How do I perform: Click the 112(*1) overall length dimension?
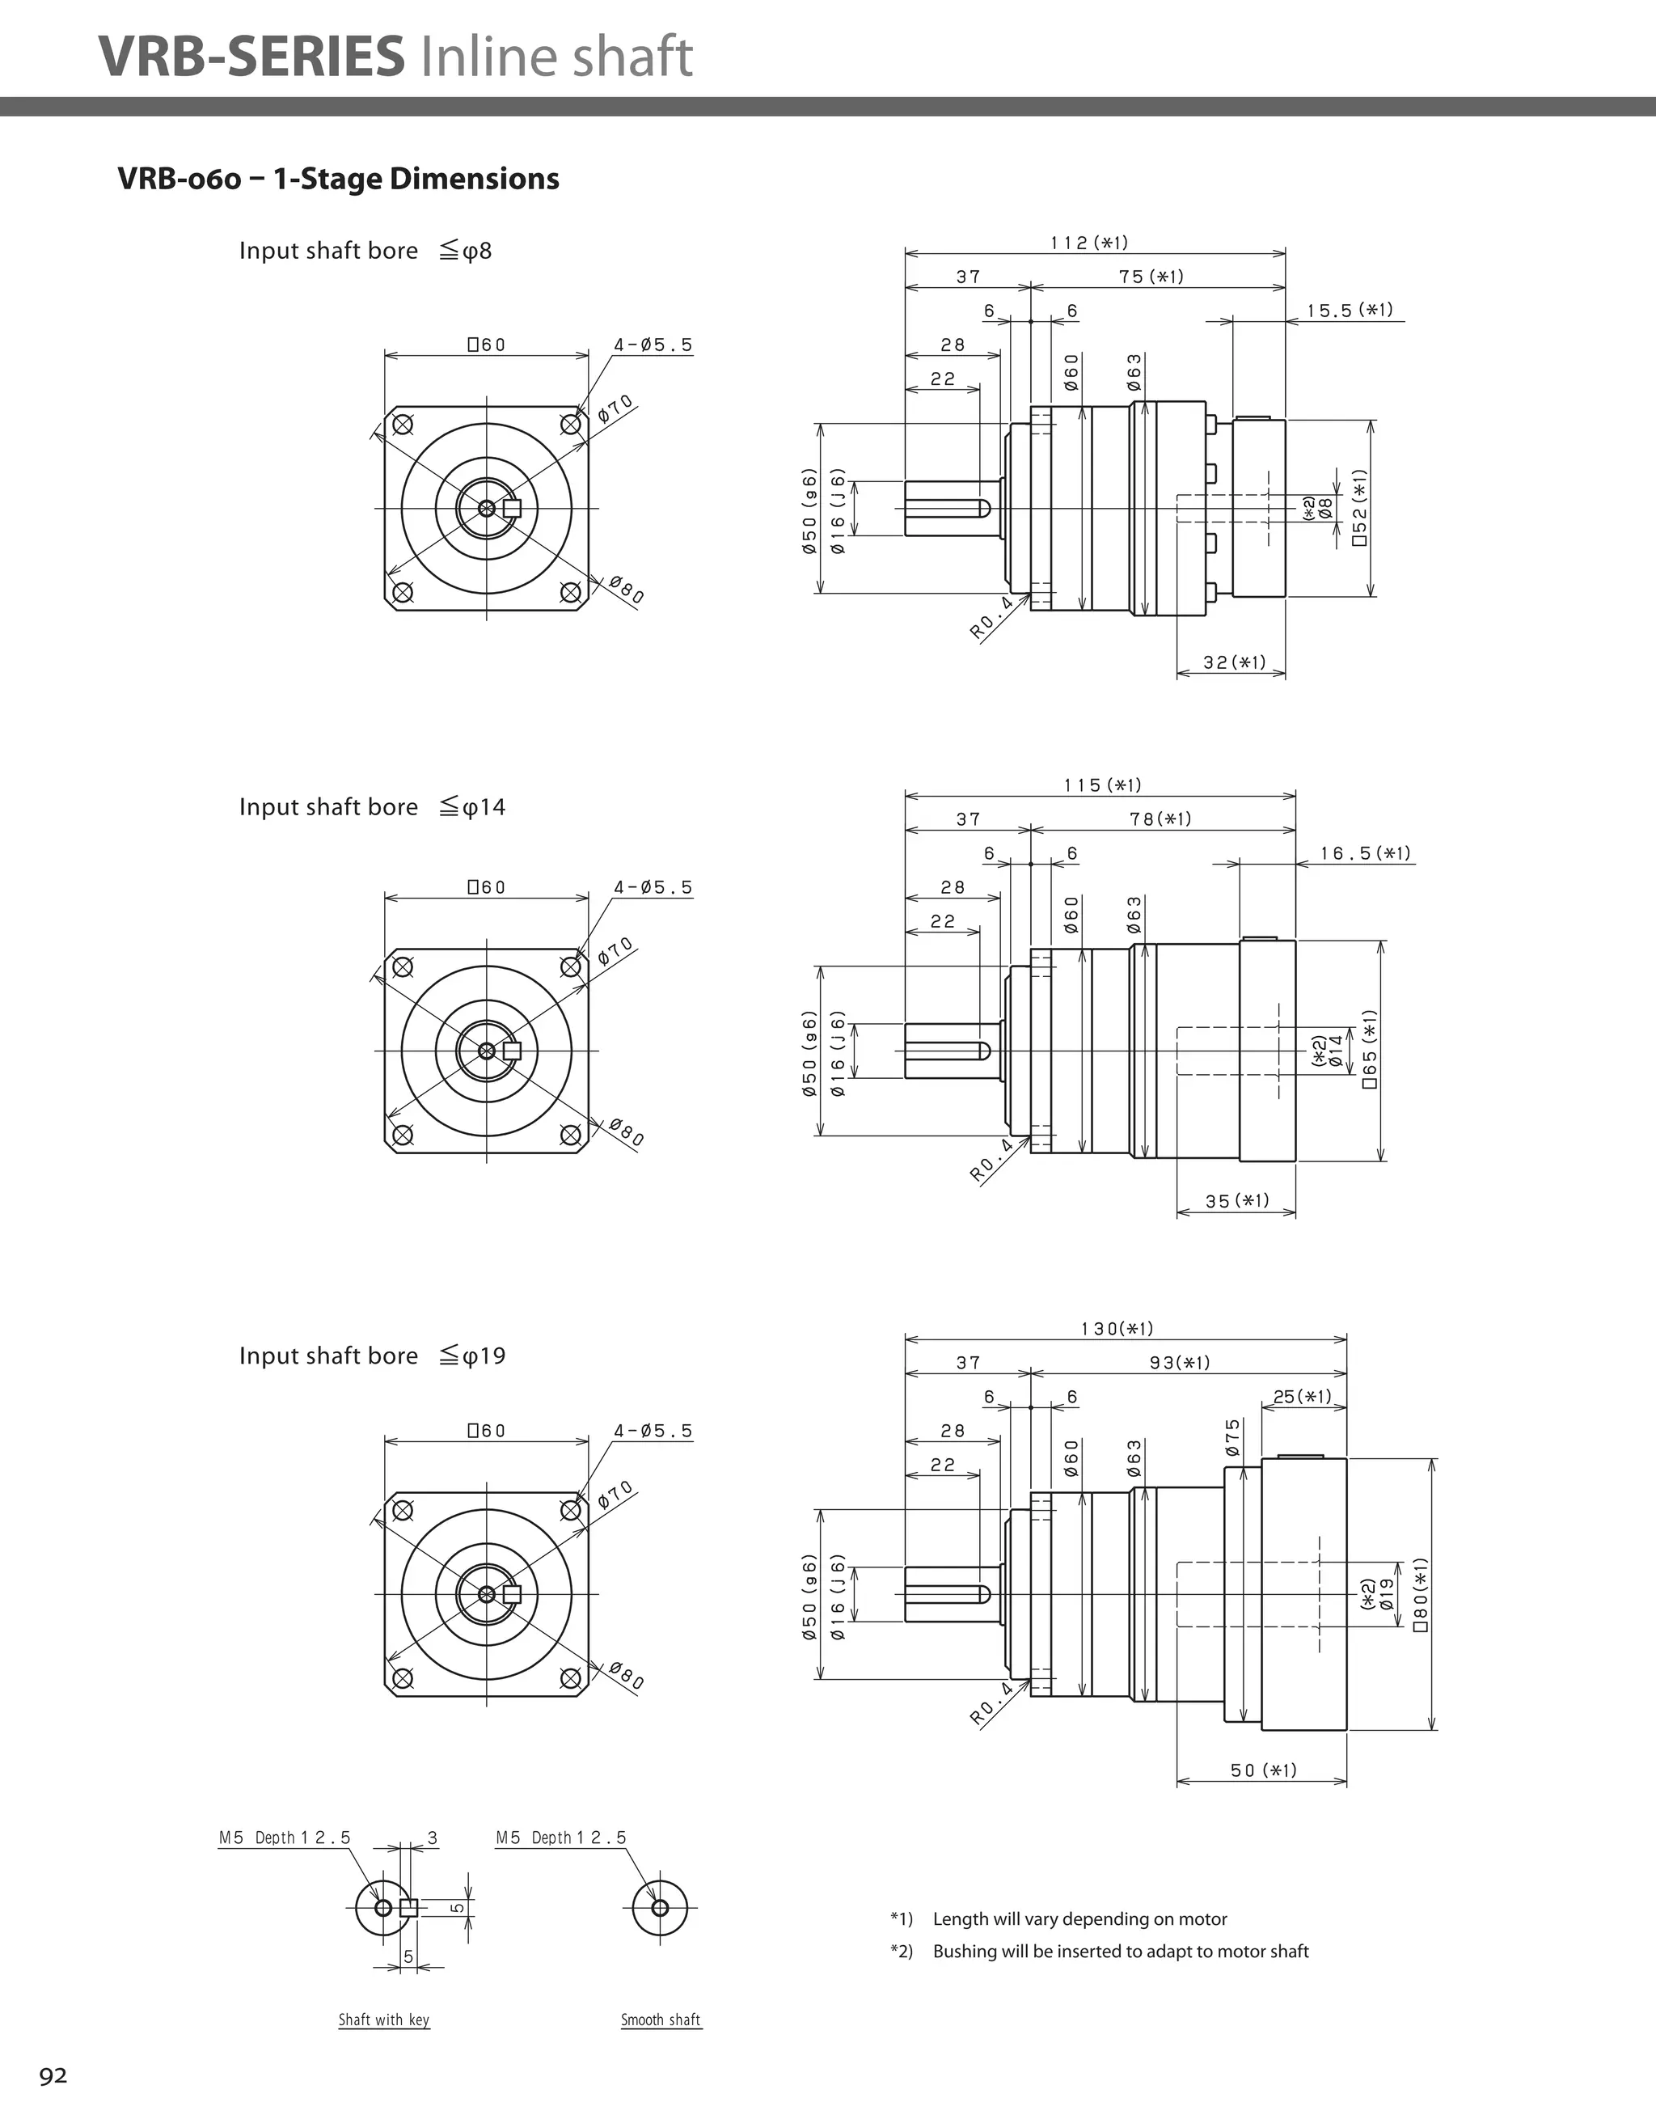tap(1089, 243)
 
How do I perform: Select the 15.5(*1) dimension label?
tap(1350, 311)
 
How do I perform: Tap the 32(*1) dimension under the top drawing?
tap(1235, 662)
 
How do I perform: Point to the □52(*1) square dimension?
tap(1360, 507)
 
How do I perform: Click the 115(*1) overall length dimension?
tap(1103, 785)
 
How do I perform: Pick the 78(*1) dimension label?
tap(1160, 818)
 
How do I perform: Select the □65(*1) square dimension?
tap(1370, 1050)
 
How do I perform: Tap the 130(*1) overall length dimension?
tap(1117, 1328)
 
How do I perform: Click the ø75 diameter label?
tap(1232, 1437)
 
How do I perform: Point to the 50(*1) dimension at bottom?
tap(1263, 1770)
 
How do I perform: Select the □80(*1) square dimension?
tap(1422, 1594)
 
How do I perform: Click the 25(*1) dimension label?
tap(1302, 1396)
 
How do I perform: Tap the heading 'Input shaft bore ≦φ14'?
tap(372, 807)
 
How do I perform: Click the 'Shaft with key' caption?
tap(383, 2019)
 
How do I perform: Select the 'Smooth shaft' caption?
tap(661, 2019)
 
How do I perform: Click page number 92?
tap(53, 2075)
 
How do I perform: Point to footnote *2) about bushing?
tap(1099, 1951)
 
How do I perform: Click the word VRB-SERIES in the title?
tap(251, 57)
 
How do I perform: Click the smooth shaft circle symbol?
tap(660, 1907)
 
